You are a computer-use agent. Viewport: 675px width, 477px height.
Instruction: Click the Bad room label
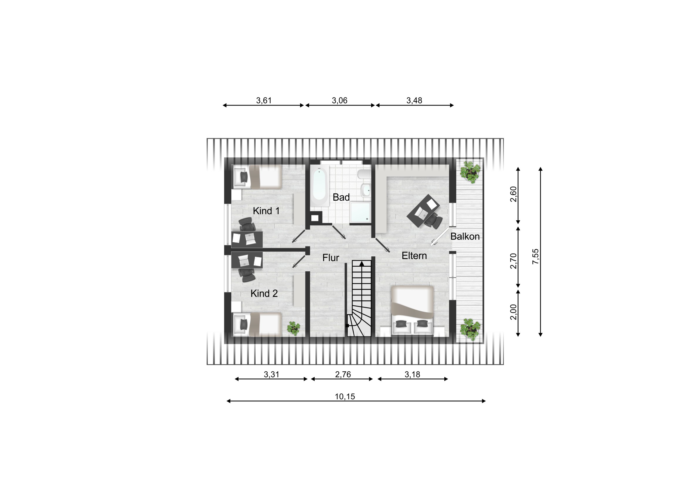pyautogui.click(x=341, y=197)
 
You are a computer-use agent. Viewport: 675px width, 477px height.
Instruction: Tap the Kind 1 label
pyautogui.click(x=266, y=211)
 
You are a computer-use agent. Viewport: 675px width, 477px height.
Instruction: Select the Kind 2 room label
pyautogui.click(x=264, y=293)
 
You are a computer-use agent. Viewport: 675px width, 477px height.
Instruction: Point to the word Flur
pyautogui.click(x=331, y=258)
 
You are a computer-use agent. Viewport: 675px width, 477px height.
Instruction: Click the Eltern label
pyautogui.click(x=414, y=256)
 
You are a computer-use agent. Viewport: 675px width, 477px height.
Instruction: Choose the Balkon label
pyautogui.click(x=465, y=236)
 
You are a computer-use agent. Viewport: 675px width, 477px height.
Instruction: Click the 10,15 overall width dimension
pyautogui.click(x=345, y=396)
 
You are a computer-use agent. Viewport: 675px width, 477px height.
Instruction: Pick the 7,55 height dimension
pyautogui.click(x=535, y=256)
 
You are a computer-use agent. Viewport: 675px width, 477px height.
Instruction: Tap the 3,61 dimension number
pyautogui.click(x=264, y=101)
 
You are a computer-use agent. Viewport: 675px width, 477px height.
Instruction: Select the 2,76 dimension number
pyautogui.click(x=343, y=374)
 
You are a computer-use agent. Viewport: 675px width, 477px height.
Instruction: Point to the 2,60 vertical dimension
pyautogui.click(x=513, y=194)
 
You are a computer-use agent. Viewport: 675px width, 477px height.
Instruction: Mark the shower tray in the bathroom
pyautogui.click(x=360, y=212)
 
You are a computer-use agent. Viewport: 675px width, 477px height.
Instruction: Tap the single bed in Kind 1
pyautogui.click(x=257, y=177)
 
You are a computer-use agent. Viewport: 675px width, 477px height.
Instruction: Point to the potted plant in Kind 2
pyautogui.click(x=293, y=328)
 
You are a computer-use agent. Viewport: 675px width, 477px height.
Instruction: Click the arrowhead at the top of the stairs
pyautogui.click(x=362, y=264)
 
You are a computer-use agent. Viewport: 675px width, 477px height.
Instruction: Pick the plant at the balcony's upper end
pyautogui.click(x=470, y=172)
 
